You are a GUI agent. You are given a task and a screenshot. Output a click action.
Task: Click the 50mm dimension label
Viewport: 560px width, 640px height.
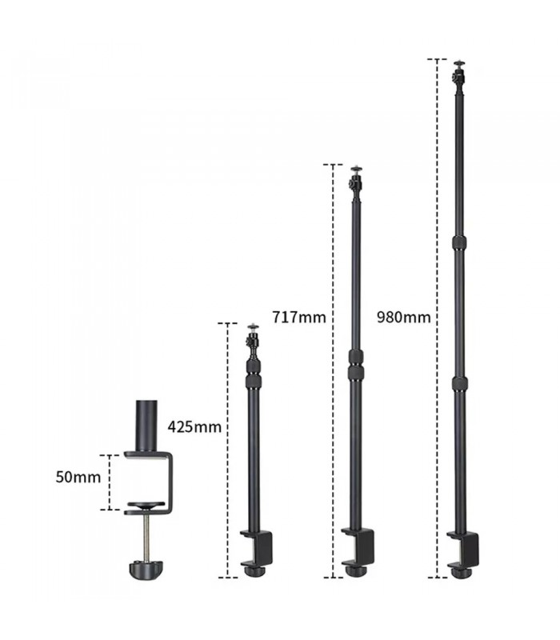(x=78, y=478)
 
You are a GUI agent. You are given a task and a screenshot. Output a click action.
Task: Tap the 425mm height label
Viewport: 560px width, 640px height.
(x=194, y=426)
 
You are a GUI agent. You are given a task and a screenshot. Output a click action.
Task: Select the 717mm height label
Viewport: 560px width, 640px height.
(x=298, y=317)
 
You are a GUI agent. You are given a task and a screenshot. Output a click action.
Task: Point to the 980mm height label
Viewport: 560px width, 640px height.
(x=403, y=317)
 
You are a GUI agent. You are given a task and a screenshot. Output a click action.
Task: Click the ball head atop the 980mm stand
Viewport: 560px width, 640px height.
(x=458, y=74)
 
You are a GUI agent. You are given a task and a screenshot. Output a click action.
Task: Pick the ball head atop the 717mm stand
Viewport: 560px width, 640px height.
(x=355, y=181)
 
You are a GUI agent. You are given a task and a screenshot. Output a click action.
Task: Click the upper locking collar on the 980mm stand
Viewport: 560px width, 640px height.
(x=458, y=242)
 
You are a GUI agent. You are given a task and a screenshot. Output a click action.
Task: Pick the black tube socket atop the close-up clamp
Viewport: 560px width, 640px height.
(x=148, y=426)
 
